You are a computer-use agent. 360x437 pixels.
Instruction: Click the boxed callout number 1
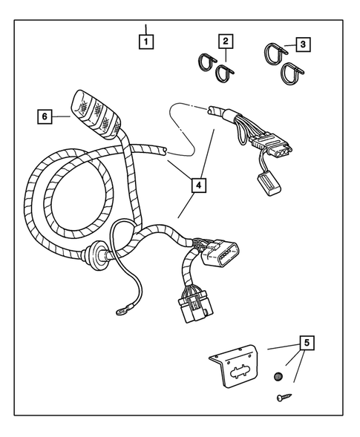(x=146, y=42)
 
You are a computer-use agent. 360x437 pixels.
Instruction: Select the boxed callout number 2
(x=226, y=42)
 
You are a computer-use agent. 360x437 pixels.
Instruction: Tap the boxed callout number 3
(x=303, y=45)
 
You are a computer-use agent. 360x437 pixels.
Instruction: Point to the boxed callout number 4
(x=198, y=185)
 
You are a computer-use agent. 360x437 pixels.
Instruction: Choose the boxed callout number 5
(x=307, y=343)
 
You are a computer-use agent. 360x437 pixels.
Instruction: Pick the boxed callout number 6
(x=45, y=116)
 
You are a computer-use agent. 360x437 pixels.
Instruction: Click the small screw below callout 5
(x=284, y=397)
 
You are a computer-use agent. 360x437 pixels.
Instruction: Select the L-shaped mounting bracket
(x=234, y=366)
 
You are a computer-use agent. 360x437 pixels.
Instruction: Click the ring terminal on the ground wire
(x=122, y=311)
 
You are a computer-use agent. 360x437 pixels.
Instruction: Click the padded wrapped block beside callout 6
(x=96, y=114)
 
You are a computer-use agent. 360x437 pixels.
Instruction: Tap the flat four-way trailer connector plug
(x=272, y=145)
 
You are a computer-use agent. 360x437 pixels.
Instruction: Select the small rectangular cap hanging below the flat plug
(x=269, y=183)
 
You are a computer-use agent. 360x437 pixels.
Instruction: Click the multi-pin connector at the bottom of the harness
(x=195, y=308)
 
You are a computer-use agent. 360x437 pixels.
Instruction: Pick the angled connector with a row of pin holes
(x=220, y=253)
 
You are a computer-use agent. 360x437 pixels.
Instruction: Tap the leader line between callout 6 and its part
(x=61, y=116)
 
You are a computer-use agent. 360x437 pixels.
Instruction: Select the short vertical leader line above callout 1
(x=145, y=30)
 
